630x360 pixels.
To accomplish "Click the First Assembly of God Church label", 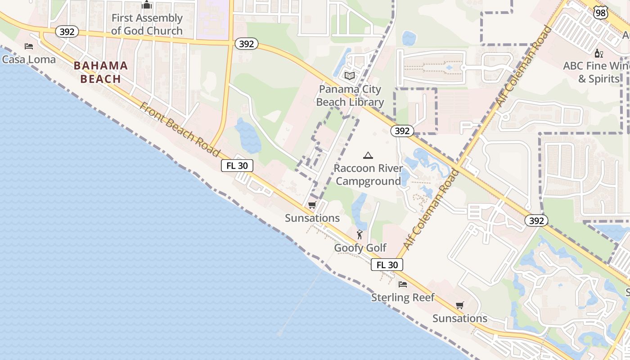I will [x=147, y=24].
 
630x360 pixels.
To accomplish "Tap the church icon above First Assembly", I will [x=147, y=5].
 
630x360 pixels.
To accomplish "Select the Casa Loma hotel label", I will [x=29, y=59].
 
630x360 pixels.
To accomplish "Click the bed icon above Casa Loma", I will [x=29, y=46].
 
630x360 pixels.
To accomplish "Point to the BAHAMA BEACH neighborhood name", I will [x=101, y=72].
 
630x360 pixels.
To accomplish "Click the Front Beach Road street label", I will [x=180, y=130].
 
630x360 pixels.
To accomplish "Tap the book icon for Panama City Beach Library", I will [x=350, y=76].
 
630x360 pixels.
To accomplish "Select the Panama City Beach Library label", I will [x=350, y=95].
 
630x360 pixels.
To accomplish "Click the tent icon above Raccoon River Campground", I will [x=368, y=156].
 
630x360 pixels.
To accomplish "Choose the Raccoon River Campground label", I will [x=368, y=175].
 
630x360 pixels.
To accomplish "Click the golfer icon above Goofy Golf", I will [x=360, y=234].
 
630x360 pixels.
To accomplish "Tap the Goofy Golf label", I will [x=360, y=248].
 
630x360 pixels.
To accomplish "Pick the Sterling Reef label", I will [x=403, y=297].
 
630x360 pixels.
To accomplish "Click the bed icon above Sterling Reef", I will [x=403, y=284].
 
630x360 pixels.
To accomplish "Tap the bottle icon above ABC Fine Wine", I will [x=598, y=53].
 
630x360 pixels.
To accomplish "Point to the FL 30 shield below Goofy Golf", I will [x=387, y=265].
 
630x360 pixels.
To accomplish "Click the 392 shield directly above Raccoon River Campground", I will [x=402, y=131].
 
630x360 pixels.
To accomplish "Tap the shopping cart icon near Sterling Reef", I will [x=459, y=306].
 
